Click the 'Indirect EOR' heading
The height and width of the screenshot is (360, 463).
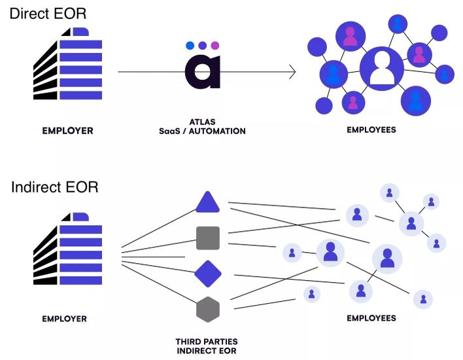[x=54, y=187]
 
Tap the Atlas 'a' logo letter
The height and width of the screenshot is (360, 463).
[x=202, y=72]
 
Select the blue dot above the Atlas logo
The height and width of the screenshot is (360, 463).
[x=190, y=46]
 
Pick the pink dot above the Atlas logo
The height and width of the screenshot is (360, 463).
[x=215, y=46]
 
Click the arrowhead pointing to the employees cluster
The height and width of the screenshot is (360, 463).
[x=292, y=72]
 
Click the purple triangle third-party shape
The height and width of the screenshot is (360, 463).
[x=207, y=203]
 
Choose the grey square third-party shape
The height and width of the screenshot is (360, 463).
[x=207, y=238]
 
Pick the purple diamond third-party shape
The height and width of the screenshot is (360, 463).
[x=207, y=274]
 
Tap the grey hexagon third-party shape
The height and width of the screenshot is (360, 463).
[x=207, y=309]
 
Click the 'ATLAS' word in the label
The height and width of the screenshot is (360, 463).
[x=202, y=122]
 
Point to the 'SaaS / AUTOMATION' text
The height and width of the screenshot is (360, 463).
[x=202, y=131]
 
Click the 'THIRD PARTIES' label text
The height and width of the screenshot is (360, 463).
[x=207, y=342]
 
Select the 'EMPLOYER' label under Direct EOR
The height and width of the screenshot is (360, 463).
[x=68, y=131]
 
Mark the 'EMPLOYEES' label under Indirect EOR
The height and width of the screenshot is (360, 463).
[x=371, y=318]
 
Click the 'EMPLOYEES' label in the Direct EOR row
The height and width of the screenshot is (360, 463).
[x=371, y=130]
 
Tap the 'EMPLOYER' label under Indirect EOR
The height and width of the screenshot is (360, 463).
[x=65, y=319]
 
